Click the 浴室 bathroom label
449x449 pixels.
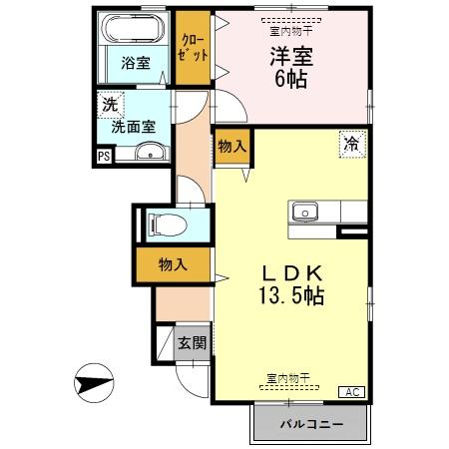pos(136,63)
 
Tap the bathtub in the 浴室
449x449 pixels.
pos(136,27)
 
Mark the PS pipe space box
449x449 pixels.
pos(104,155)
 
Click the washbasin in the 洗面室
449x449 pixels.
pos(151,152)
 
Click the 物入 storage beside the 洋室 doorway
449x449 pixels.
pos(231,146)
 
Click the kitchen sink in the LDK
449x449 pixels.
pos(303,212)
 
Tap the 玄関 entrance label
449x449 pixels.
pos(192,343)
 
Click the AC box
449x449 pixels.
pos(353,392)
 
